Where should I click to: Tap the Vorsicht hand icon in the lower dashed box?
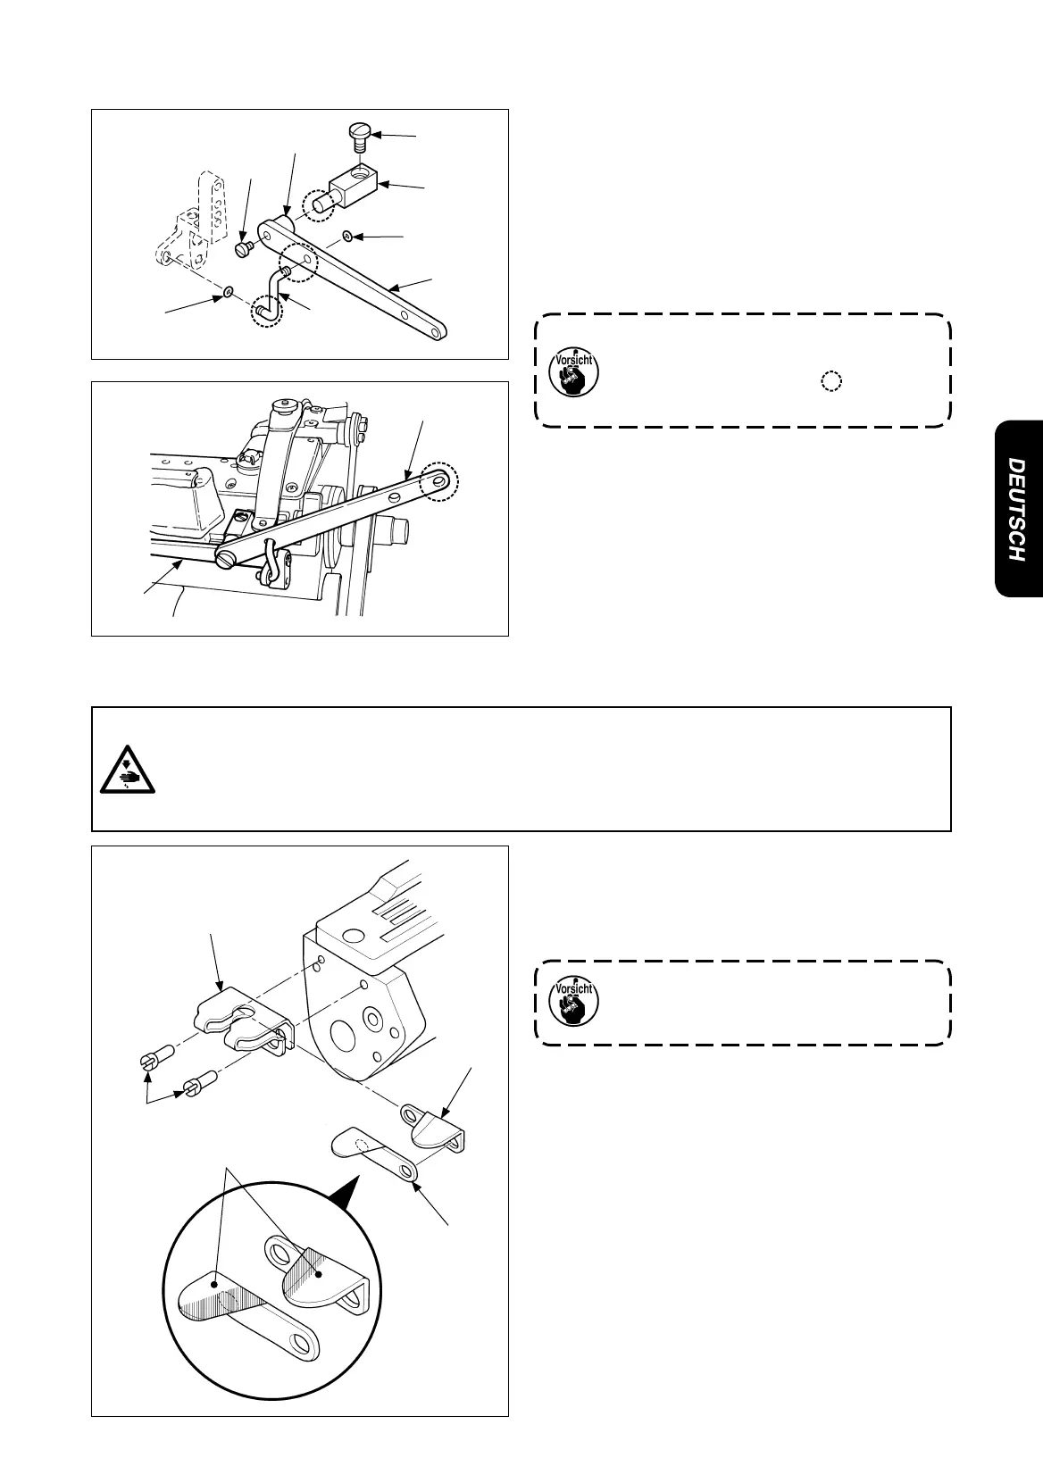tap(572, 1003)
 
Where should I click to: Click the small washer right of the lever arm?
tap(347, 237)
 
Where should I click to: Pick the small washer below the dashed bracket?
tap(229, 292)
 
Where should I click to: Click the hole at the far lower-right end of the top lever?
tap(435, 333)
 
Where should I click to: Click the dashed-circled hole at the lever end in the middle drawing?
tap(440, 481)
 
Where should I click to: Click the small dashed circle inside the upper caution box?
tap(830, 382)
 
